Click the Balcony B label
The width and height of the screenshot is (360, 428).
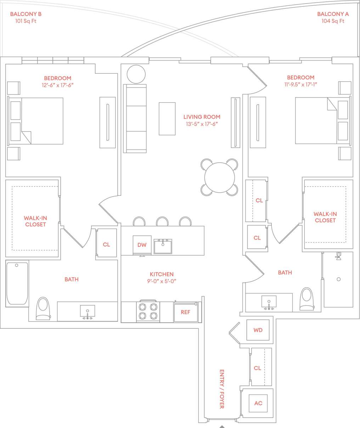click(x=26, y=14)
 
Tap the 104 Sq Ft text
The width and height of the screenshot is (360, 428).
click(x=333, y=21)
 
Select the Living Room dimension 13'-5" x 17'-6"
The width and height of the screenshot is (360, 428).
click(x=202, y=124)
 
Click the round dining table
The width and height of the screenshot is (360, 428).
click(x=220, y=177)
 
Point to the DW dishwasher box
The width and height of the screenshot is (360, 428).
click(x=142, y=245)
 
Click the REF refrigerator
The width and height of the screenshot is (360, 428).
click(x=185, y=312)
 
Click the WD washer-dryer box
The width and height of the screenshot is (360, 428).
click(x=258, y=330)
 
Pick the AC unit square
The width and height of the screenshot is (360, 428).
click(x=258, y=403)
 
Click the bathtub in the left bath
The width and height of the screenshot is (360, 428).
click(x=17, y=283)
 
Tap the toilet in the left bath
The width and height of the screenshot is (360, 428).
click(x=44, y=309)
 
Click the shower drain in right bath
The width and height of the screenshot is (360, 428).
click(x=338, y=279)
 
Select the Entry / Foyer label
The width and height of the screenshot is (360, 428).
click(x=222, y=389)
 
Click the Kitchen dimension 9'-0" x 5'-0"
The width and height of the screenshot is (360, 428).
click(x=162, y=281)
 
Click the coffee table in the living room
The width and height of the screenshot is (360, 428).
click(x=167, y=118)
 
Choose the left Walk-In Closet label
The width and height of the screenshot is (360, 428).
click(x=35, y=221)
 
